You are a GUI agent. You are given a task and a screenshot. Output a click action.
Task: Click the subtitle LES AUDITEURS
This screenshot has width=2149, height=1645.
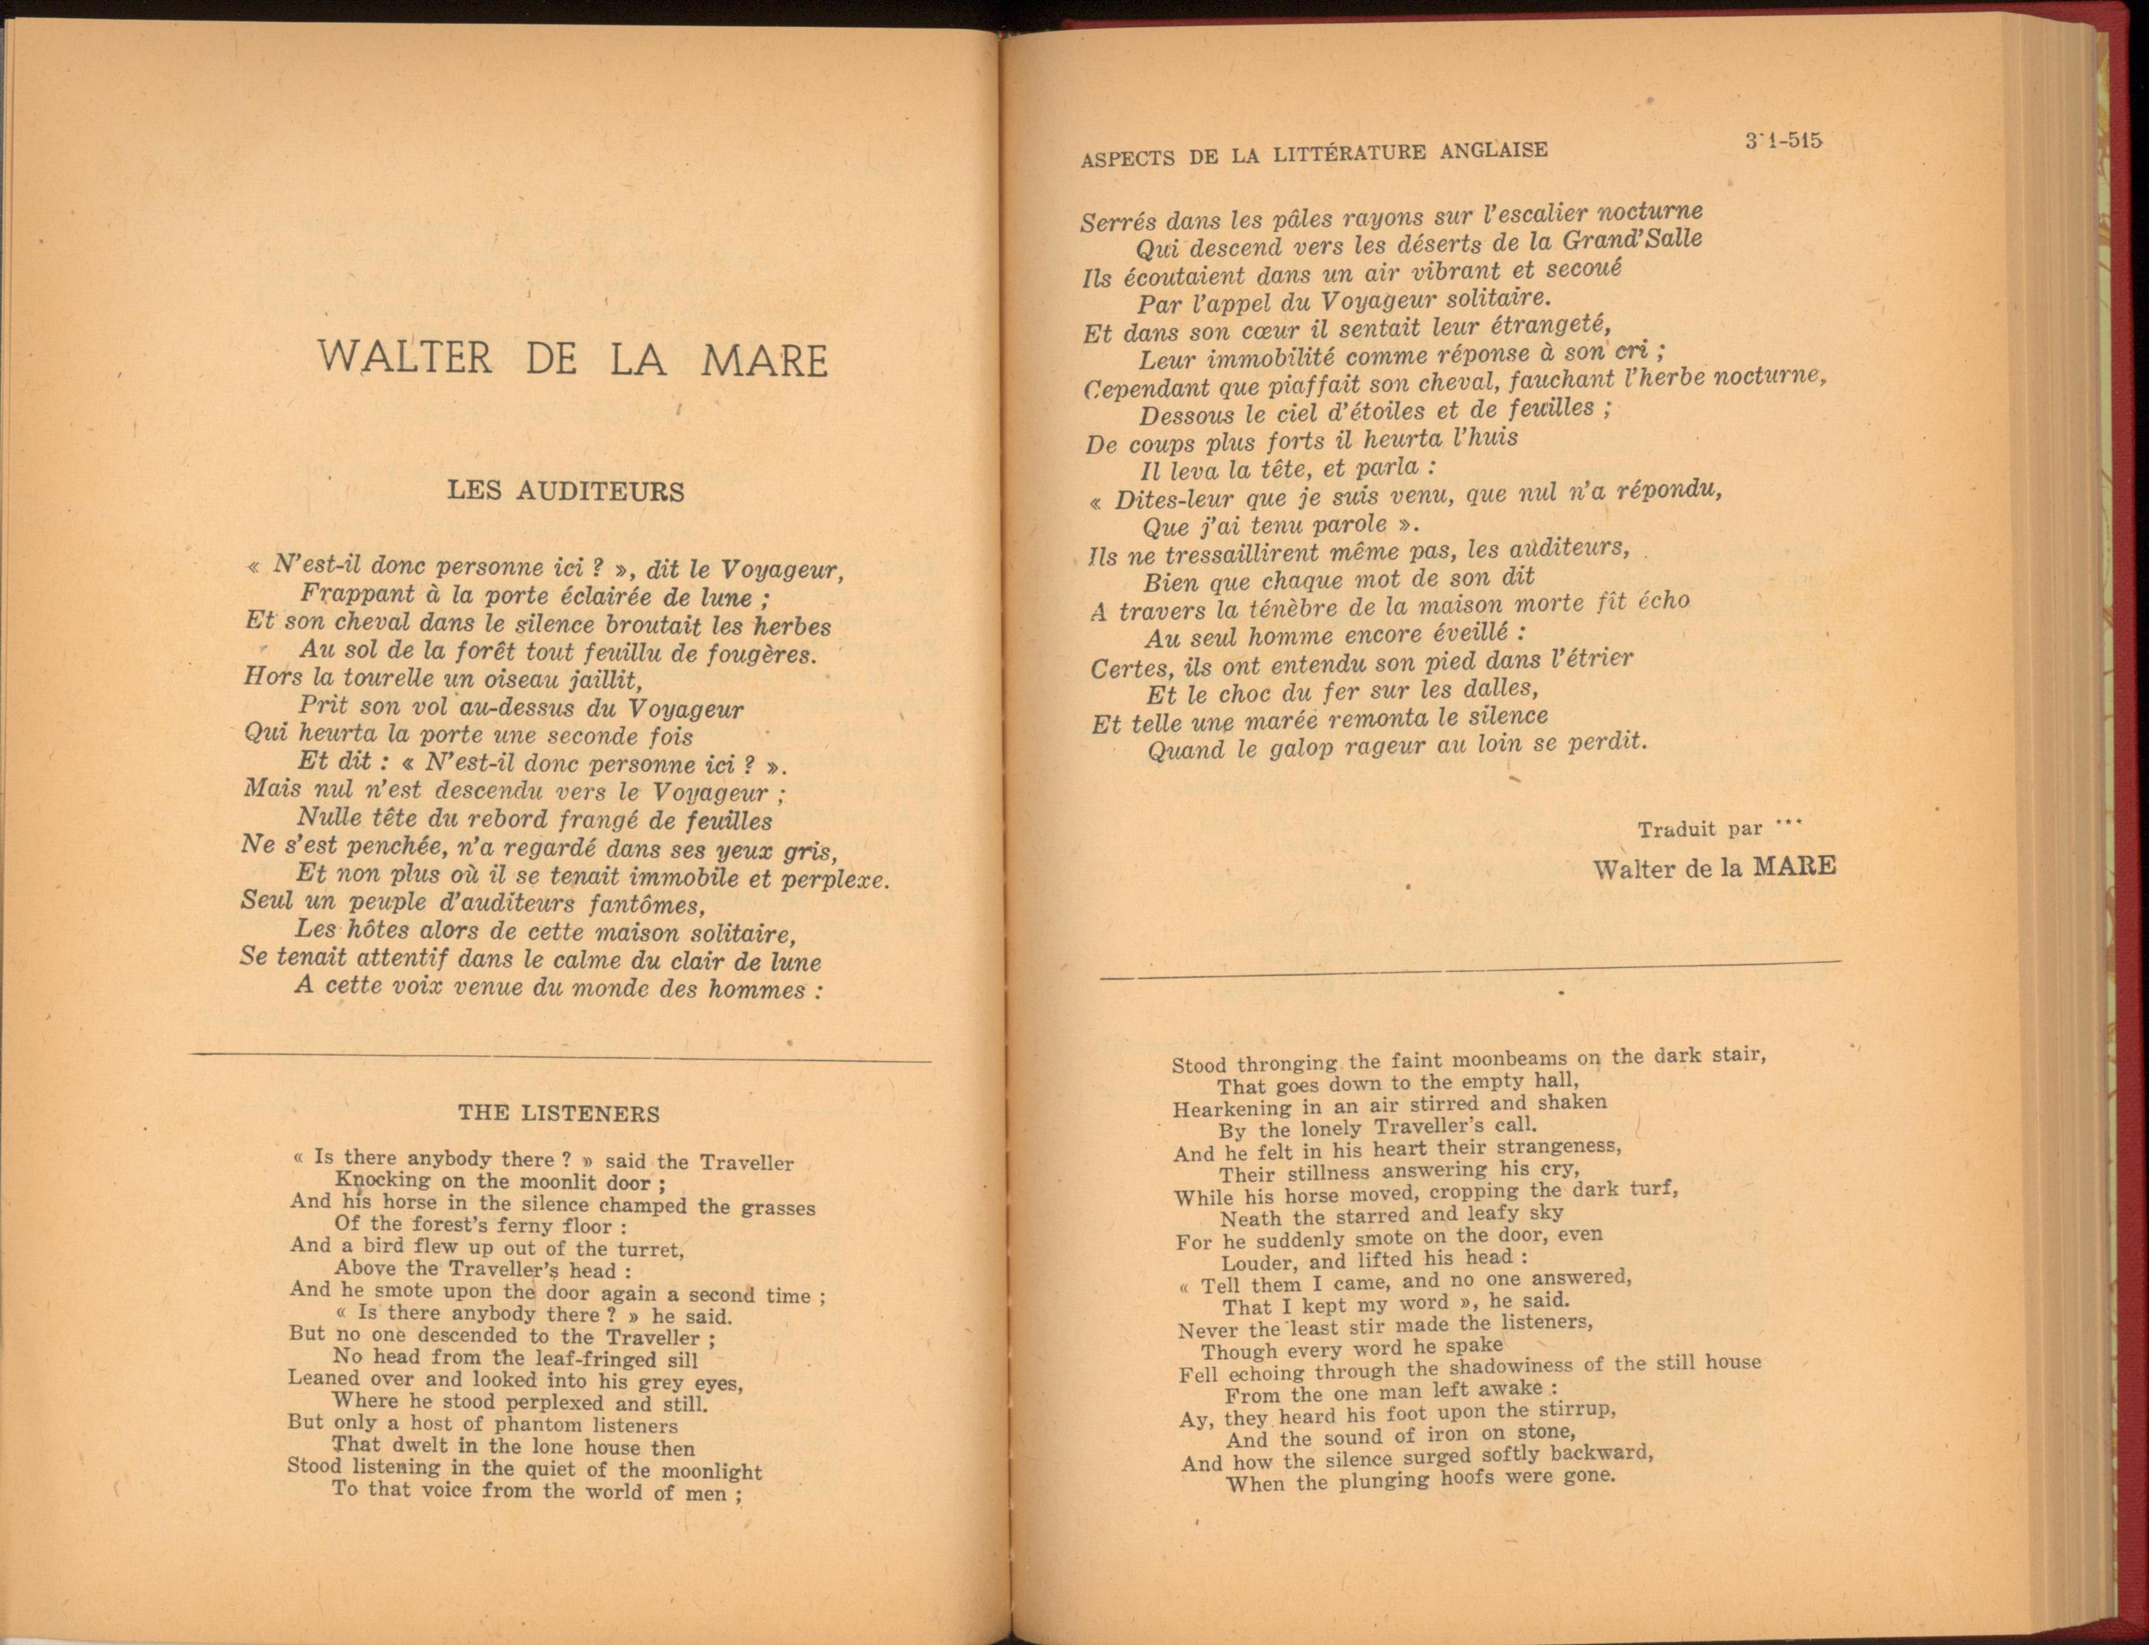[566, 490]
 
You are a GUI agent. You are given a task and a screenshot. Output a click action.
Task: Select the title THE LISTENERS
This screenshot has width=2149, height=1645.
[559, 1113]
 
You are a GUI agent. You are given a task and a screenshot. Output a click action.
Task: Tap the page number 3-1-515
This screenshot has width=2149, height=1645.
[1782, 141]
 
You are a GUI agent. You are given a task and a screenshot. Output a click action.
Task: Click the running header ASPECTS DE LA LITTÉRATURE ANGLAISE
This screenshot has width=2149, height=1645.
[1314, 154]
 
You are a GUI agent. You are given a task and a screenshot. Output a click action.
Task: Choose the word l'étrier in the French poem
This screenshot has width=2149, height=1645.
[1588, 660]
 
